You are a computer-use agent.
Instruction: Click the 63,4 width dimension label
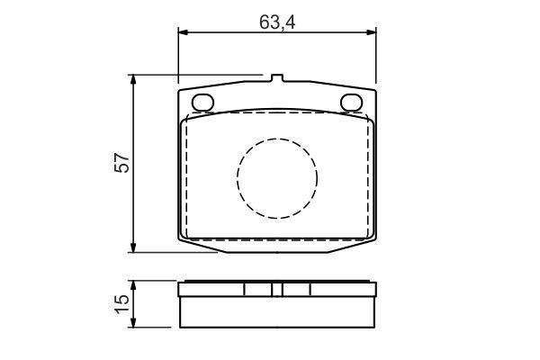pos(277,22)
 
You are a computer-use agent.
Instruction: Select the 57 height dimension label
pos(122,163)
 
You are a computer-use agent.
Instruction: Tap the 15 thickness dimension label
pos(122,304)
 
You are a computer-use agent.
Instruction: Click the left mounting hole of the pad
pos(202,103)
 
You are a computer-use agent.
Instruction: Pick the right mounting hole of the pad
pos(352,103)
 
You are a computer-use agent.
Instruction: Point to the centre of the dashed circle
pos(277,178)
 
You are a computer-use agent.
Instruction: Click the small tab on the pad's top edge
pos(277,78)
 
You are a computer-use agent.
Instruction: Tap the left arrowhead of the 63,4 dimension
pos(183,32)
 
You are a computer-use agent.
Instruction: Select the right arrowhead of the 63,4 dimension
pos(372,32)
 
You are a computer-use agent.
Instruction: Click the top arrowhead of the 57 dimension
pos(133,79)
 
